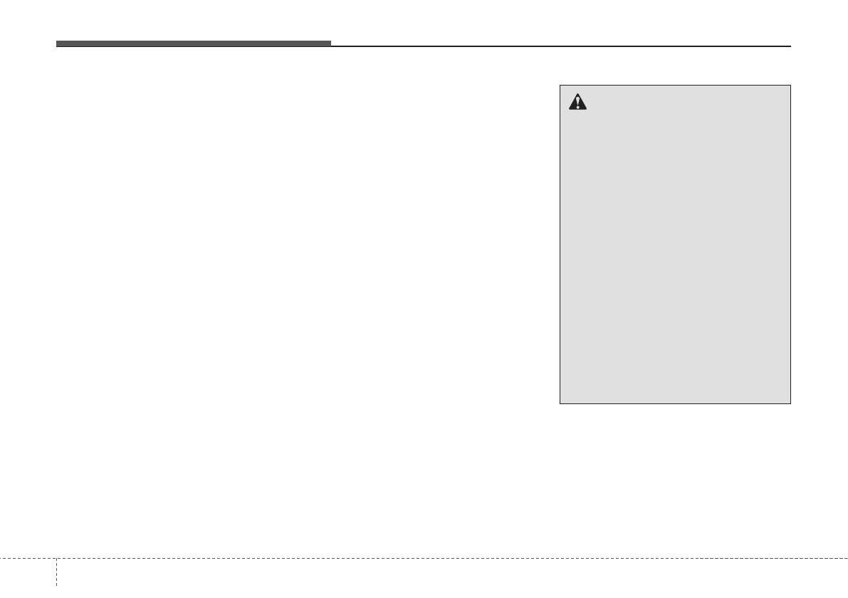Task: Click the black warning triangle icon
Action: [577, 103]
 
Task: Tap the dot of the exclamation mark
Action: [577, 108]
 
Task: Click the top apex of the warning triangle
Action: [577, 96]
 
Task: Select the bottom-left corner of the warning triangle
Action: [568, 110]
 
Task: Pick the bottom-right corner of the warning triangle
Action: [587, 110]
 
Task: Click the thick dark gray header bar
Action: [194, 44]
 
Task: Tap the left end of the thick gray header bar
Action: [57, 44]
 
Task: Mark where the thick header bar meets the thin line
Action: [331, 45]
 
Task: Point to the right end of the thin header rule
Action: [790, 46]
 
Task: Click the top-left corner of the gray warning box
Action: [560, 86]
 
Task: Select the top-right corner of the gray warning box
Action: [791, 86]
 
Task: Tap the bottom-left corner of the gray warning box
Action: [560, 403]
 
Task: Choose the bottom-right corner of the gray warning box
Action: [791, 403]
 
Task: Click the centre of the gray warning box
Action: [675, 244]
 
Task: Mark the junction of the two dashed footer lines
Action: [56, 558]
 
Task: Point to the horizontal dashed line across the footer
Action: [427, 558]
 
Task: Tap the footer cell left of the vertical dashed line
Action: [28, 577]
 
